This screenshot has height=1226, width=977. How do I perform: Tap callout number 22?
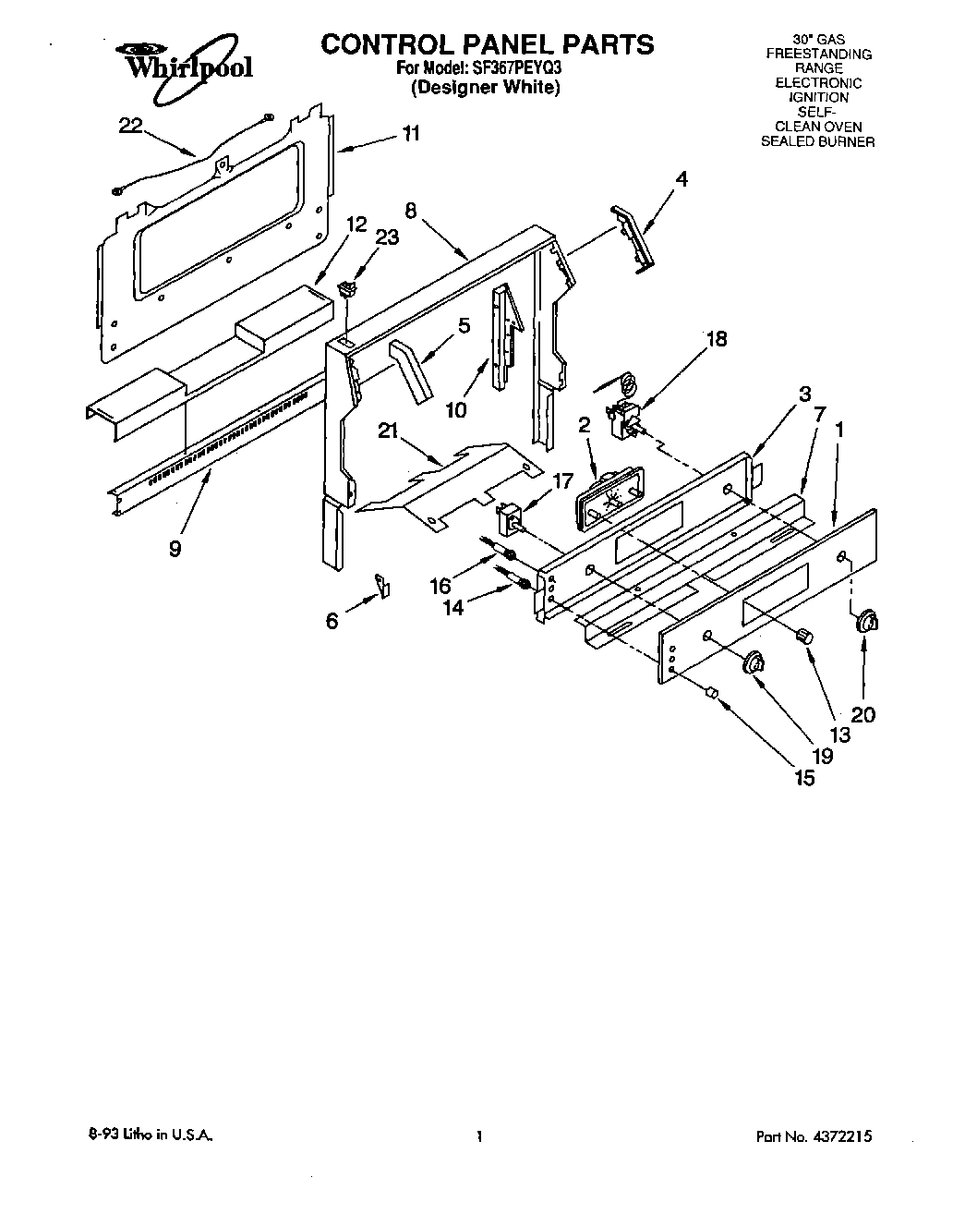[131, 127]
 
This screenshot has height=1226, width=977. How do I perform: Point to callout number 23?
[387, 237]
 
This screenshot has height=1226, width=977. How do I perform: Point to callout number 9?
[175, 548]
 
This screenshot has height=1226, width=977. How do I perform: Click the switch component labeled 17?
[510, 519]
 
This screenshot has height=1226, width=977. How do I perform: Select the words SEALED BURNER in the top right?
[816, 141]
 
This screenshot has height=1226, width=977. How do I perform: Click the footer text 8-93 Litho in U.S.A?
[148, 1137]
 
